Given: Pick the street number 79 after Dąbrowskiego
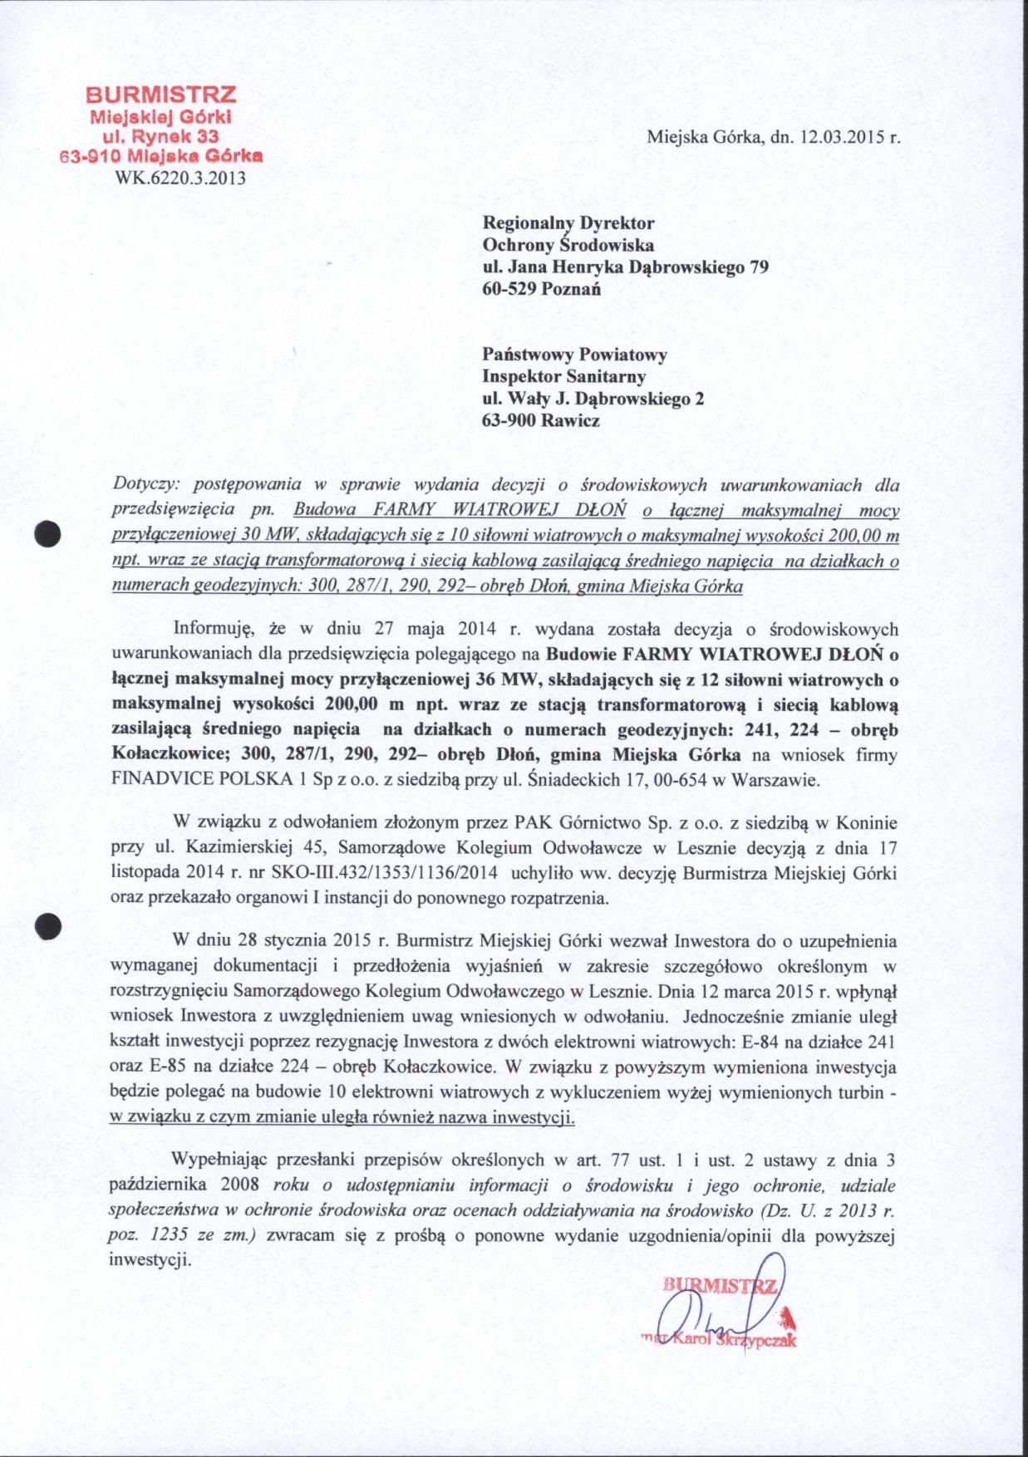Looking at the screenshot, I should [x=758, y=267].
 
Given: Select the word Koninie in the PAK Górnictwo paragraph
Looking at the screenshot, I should [x=869, y=823].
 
